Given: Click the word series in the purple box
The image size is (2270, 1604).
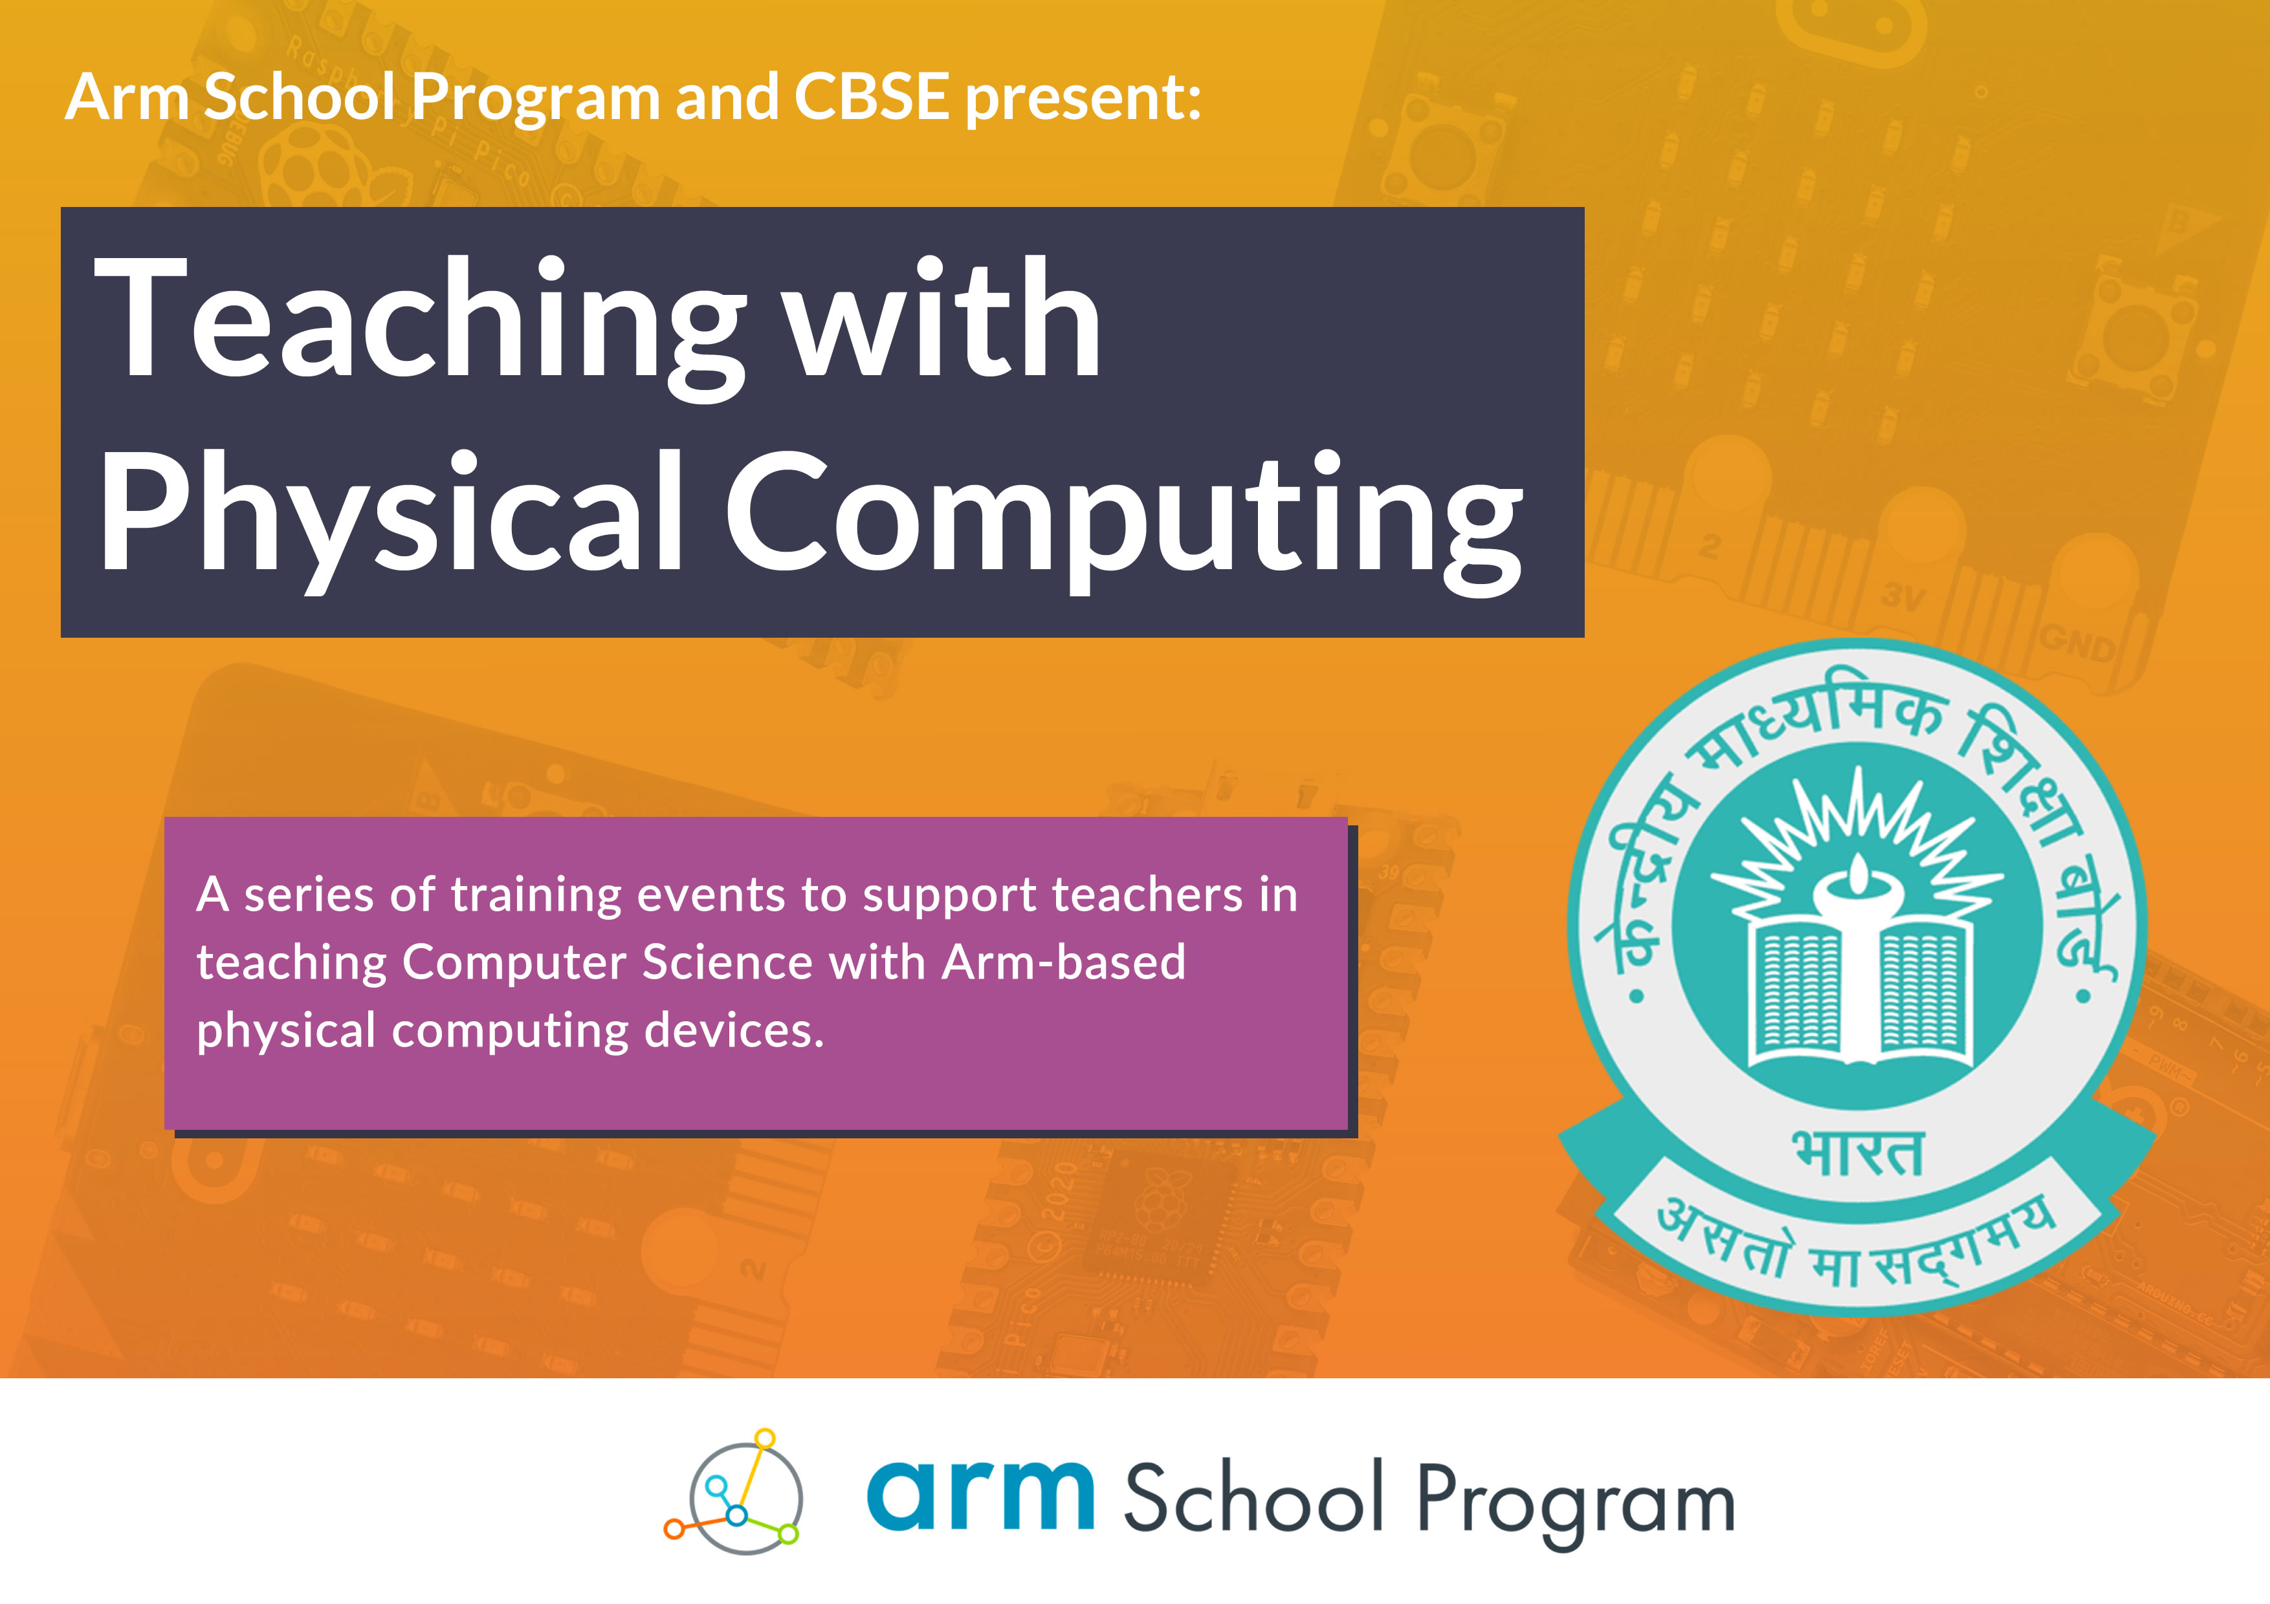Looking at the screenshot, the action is [x=309, y=895].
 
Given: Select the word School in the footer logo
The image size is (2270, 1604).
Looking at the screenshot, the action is [x=1253, y=1497].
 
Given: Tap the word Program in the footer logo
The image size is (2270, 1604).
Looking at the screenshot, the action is [x=1576, y=1504].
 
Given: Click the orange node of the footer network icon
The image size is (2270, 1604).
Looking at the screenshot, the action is [x=673, y=1530].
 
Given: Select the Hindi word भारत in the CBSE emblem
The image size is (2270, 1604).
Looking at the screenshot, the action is [x=1858, y=1153].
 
